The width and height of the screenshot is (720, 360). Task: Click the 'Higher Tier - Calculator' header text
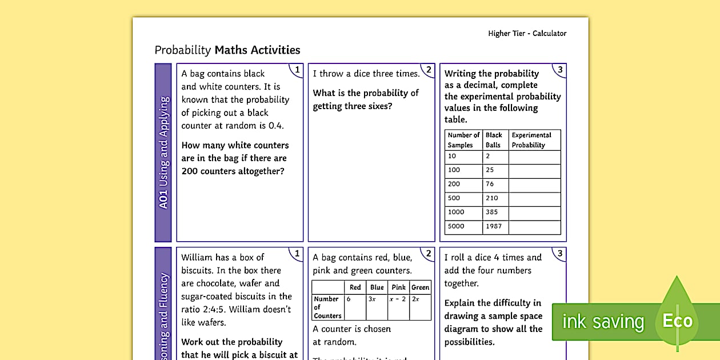527,33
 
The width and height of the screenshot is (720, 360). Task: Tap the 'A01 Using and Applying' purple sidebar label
163,153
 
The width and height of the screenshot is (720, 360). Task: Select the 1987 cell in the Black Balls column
494,226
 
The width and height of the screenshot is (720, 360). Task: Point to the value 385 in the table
493,212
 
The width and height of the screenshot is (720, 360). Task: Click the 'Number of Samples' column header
463,140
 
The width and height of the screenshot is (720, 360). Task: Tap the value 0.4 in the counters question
276,126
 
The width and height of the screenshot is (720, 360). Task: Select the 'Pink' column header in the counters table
398,287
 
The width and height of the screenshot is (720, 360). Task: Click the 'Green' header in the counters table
420,287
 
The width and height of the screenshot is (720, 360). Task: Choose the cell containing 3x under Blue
377,299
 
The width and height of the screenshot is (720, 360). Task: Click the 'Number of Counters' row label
327,307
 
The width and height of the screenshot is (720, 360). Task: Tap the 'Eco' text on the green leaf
677,321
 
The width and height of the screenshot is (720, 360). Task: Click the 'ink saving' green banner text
603,322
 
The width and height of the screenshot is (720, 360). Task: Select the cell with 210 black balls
493,198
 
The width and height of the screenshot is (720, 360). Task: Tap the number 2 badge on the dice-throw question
429,70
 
